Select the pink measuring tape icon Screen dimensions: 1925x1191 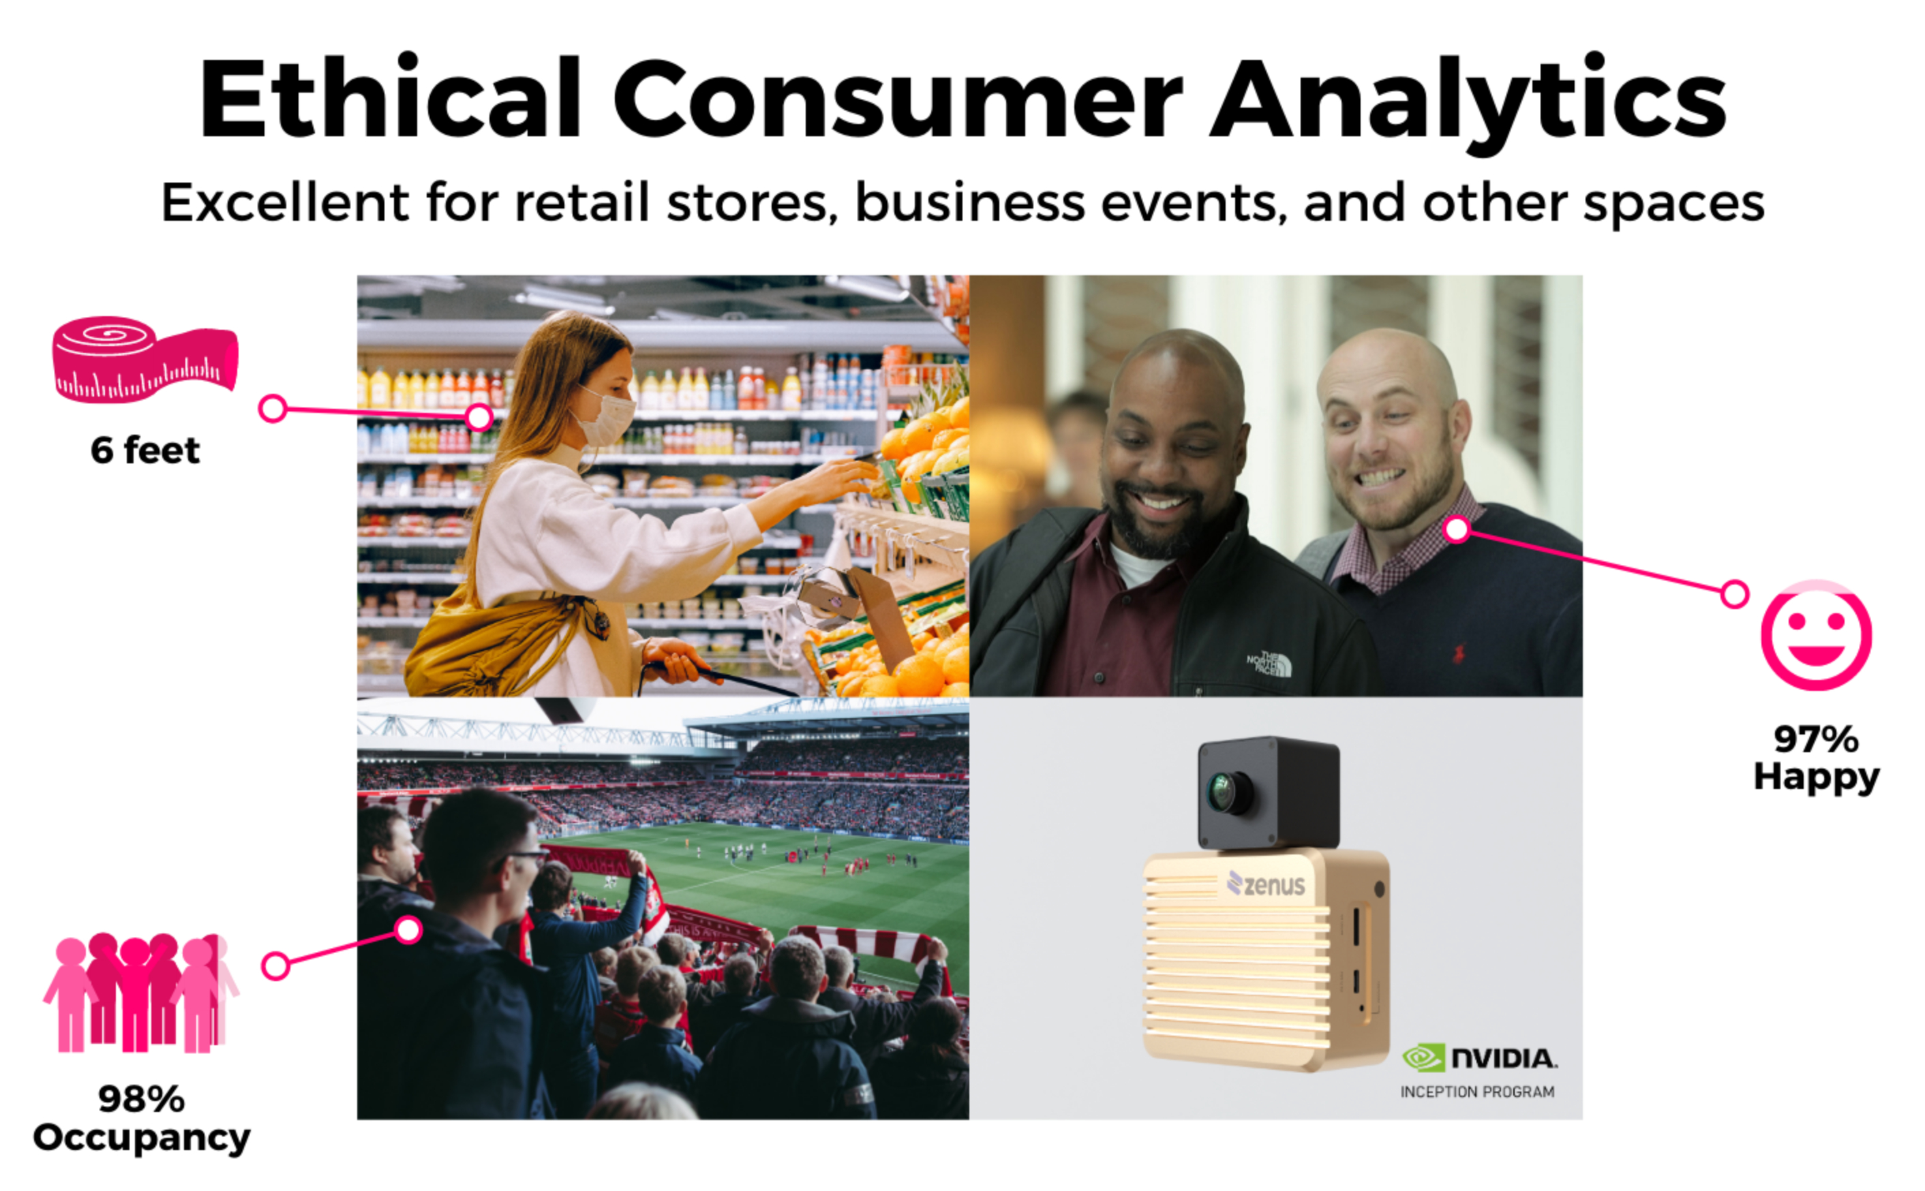coord(145,359)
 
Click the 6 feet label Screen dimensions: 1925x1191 coord(146,450)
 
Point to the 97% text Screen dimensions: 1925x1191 coord(1816,739)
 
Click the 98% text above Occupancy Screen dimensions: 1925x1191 coord(142,1099)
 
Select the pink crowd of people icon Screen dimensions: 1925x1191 coord(140,993)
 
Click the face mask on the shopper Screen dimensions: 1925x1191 coord(605,415)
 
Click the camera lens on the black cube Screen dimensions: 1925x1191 coord(1228,791)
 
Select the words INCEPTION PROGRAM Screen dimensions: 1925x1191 coord(1477,1092)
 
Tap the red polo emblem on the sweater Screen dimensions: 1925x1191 coord(1459,653)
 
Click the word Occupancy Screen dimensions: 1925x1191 coord(142,1139)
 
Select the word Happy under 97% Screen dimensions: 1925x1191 coord(1816,777)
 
